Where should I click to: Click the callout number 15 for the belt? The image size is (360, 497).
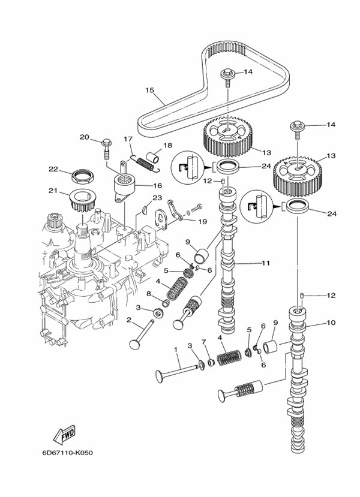click(x=149, y=91)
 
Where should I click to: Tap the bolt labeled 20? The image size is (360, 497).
click(x=107, y=144)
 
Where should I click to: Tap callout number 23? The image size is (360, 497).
click(x=157, y=197)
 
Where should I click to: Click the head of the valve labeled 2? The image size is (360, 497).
click(x=134, y=344)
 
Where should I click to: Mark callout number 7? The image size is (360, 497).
click(x=204, y=342)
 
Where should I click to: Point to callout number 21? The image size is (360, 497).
click(x=52, y=192)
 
